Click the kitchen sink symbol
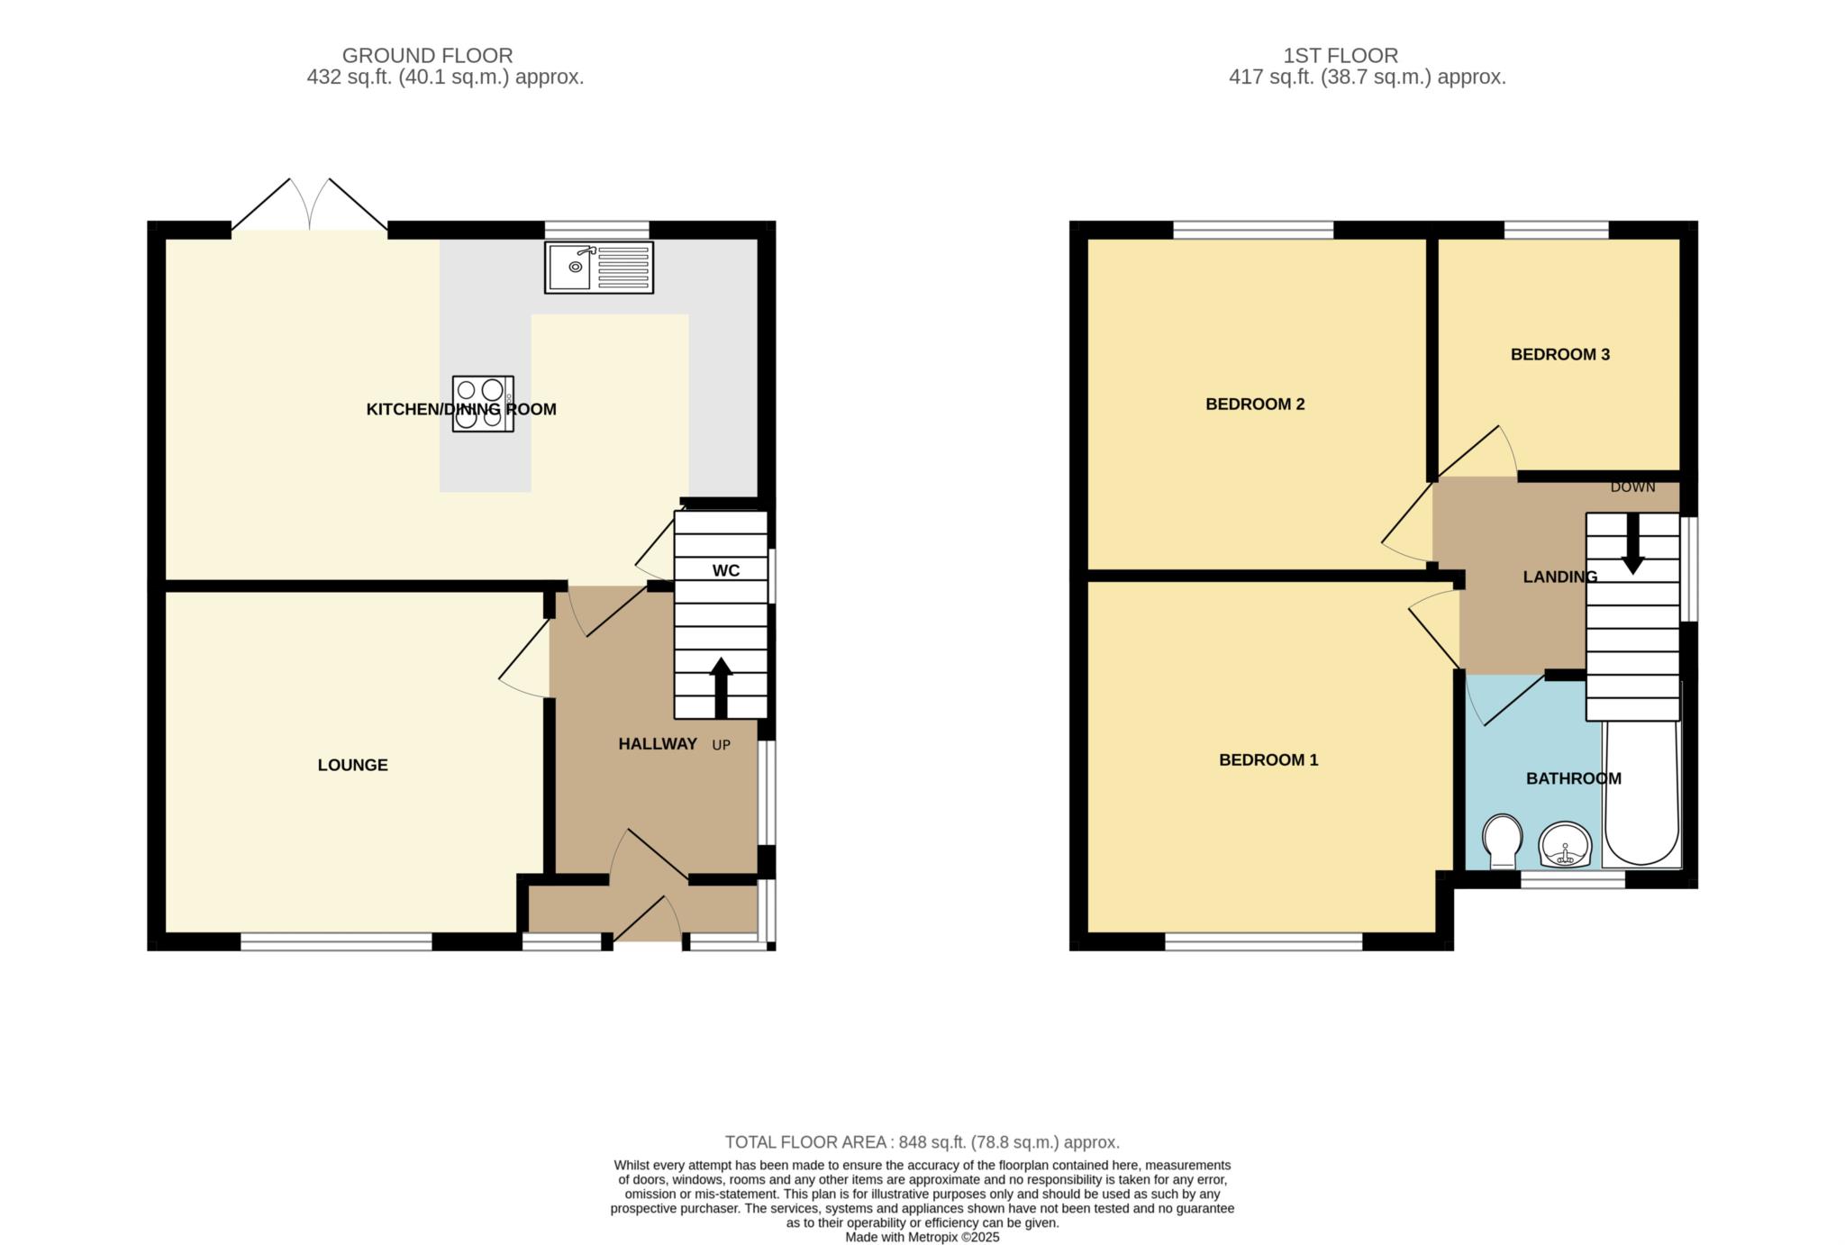[x=598, y=267]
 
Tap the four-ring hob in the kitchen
[x=483, y=404]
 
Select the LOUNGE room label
[x=352, y=765]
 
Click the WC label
[x=725, y=570]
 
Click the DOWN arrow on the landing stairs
[x=1632, y=545]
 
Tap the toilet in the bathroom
[x=1501, y=841]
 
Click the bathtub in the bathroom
[x=1641, y=793]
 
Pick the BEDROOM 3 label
[x=1559, y=354]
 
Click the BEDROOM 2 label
[x=1254, y=404]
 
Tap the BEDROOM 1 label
[x=1268, y=759]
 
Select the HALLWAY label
[x=658, y=743]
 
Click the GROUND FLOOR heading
[x=427, y=56]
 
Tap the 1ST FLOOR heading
[x=1340, y=56]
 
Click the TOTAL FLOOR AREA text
[x=922, y=1142]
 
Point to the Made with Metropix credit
[x=922, y=1237]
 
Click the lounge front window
[x=336, y=941]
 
